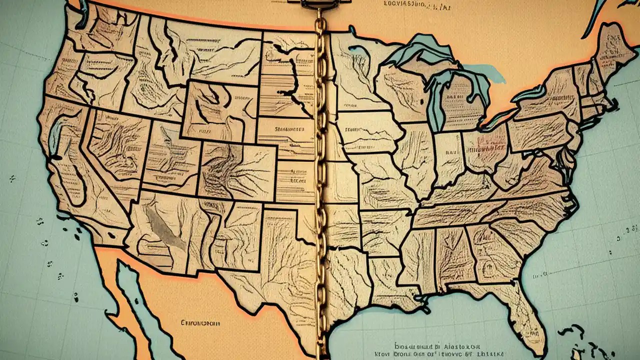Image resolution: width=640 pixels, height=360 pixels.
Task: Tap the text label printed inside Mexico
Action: [x=200, y=323]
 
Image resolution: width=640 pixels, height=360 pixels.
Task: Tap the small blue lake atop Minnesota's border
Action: [x=358, y=48]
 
